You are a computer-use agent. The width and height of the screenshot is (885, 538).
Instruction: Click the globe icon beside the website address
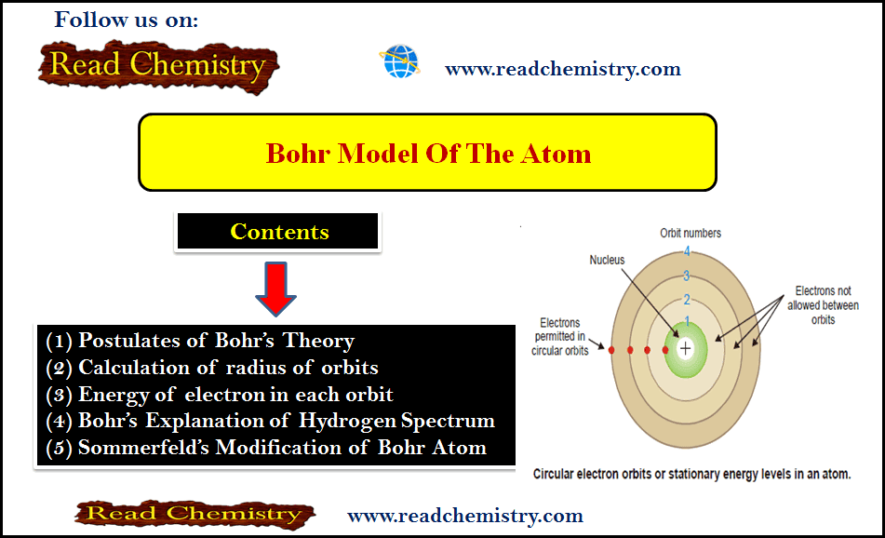(400, 61)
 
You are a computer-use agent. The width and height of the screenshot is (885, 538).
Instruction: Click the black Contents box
(277, 231)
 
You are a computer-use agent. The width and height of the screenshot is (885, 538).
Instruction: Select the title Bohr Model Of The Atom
(428, 154)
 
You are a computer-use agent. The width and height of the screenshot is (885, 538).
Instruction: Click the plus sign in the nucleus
(685, 348)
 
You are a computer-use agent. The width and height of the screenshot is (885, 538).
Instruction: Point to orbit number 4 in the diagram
(687, 252)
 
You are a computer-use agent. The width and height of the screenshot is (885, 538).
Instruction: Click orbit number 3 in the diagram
(687, 276)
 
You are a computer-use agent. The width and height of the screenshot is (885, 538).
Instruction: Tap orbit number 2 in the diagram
(687, 300)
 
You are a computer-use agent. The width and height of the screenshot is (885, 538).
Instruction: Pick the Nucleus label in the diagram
(608, 260)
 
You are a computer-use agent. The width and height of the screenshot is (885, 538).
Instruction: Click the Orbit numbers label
(691, 233)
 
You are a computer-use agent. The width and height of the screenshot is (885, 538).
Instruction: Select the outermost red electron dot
(611, 350)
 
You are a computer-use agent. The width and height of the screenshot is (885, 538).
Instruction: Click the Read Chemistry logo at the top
(158, 67)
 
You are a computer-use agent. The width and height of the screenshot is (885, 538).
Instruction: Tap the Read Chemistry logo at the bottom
(194, 514)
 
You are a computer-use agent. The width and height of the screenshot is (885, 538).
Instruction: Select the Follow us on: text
(127, 20)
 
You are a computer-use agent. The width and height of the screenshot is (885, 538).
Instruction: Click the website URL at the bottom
(465, 516)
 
